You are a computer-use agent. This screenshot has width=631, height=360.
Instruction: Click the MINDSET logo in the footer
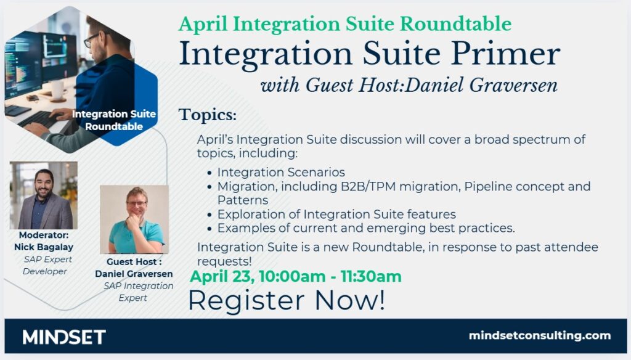[x=64, y=337]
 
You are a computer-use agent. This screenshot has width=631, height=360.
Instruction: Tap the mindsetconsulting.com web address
[x=540, y=335]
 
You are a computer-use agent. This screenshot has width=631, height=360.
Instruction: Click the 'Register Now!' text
[x=287, y=300]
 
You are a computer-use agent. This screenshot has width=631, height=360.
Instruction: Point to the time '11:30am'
[x=370, y=277]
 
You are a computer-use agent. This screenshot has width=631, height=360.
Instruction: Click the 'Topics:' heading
[x=208, y=115]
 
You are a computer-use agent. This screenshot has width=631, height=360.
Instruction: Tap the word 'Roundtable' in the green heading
[x=456, y=24]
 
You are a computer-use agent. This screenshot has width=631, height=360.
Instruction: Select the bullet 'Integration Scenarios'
[x=281, y=173]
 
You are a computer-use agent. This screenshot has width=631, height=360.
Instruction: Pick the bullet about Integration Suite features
[x=336, y=215]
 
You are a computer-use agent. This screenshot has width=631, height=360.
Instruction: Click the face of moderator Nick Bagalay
[x=44, y=184]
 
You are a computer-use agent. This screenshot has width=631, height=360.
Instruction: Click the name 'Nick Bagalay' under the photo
[x=44, y=247]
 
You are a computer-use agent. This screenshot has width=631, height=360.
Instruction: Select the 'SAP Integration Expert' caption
[x=137, y=292]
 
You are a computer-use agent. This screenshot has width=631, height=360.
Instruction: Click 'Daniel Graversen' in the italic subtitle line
[x=481, y=85]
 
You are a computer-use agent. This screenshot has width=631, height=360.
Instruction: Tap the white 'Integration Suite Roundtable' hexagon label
[x=114, y=120]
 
